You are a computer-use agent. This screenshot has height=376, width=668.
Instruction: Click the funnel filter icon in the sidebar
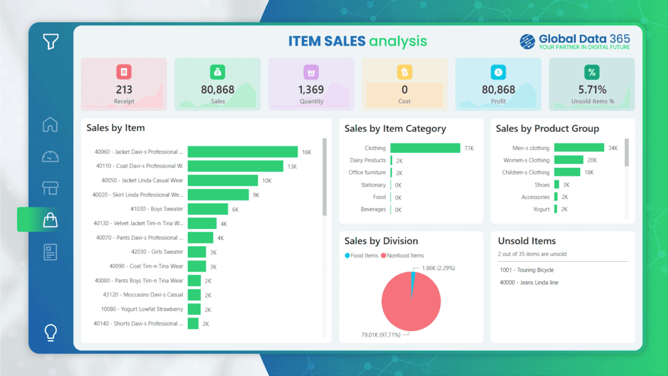(51, 42)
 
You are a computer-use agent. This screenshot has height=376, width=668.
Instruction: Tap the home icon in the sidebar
(50, 124)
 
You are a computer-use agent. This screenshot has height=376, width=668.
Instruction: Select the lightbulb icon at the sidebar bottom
(50, 332)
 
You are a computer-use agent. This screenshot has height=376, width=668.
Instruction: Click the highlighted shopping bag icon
(50, 220)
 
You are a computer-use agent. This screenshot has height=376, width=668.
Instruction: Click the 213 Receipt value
(124, 89)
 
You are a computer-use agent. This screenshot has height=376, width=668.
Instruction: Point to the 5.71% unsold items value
(592, 89)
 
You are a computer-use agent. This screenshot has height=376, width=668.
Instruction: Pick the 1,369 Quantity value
(311, 89)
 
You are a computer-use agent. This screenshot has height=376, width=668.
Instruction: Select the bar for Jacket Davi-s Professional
(242, 151)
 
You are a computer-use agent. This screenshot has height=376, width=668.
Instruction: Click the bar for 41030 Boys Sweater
(207, 209)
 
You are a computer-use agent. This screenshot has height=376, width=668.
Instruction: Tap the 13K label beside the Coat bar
(292, 166)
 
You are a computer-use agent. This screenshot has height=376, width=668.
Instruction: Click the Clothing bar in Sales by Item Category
(425, 148)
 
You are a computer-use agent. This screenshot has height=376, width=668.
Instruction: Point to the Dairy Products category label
(367, 160)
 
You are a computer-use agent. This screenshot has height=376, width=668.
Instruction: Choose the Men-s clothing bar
(579, 148)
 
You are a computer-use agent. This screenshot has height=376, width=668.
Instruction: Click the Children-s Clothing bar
(566, 172)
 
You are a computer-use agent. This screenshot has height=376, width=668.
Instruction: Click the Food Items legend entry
(364, 255)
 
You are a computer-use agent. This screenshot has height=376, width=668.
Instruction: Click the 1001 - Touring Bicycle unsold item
(526, 270)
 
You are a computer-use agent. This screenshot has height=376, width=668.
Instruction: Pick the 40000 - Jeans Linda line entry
(528, 283)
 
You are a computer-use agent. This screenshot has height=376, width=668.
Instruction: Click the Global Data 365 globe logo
(527, 42)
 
